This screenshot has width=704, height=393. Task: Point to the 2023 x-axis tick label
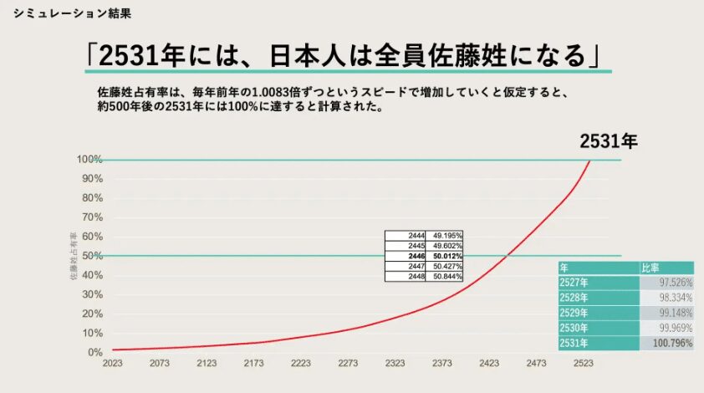click(x=112, y=364)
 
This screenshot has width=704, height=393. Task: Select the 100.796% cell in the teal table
click(x=667, y=344)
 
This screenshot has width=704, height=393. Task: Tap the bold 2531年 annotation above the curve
click(x=609, y=142)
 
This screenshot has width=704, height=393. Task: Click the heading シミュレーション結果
click(x=72, y=14)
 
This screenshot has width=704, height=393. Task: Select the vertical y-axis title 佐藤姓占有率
click(x=74, y=255)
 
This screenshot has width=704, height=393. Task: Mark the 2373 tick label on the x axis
click(x=442, y=364)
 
